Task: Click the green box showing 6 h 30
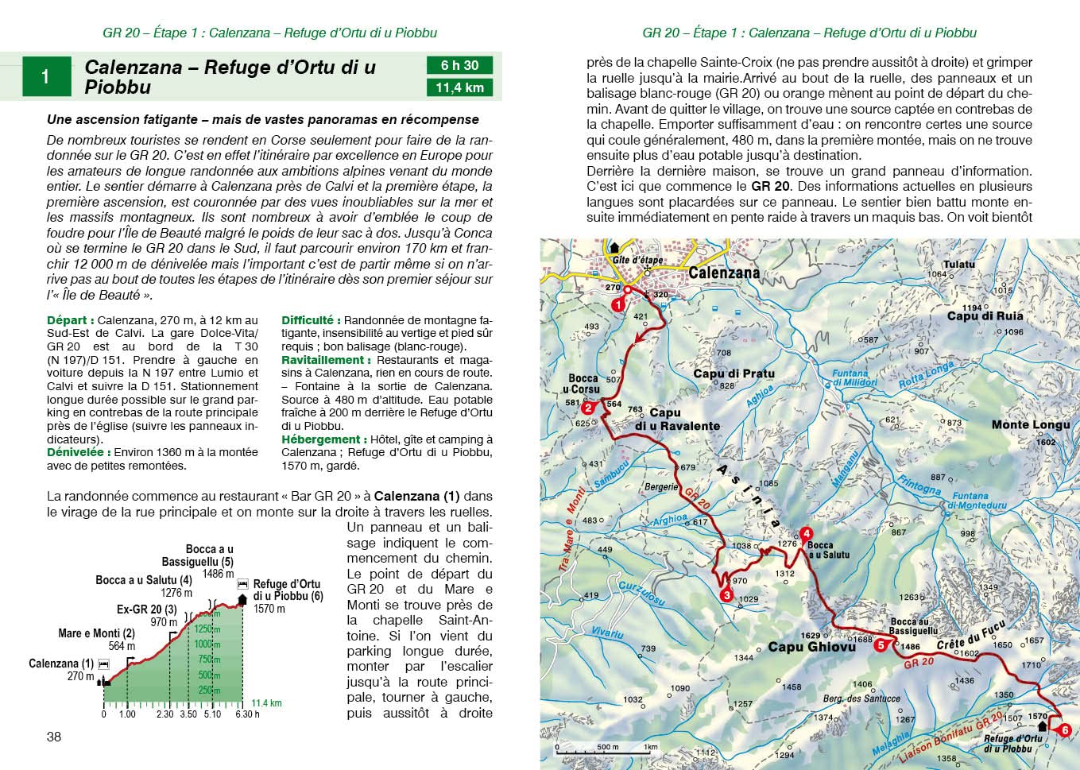[459, 65]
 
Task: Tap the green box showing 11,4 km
[459, 87]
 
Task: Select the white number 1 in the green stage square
[45, 77]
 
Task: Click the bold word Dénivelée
[78, 452]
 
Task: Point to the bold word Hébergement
[320, 439]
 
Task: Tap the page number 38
[54, 737]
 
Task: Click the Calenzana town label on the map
[723, 273]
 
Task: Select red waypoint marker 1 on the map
[617, 304]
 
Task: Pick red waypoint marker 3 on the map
[726, 594]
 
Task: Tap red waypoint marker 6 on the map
[1065, 730]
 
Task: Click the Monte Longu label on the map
[1031, 425]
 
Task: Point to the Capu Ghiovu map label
[811, 647]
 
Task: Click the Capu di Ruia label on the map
[985, 316]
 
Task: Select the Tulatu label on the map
[958, 265]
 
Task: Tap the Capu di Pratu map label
[734, 373]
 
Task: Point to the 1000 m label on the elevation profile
[207, 644]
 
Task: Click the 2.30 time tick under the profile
[165, 714]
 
